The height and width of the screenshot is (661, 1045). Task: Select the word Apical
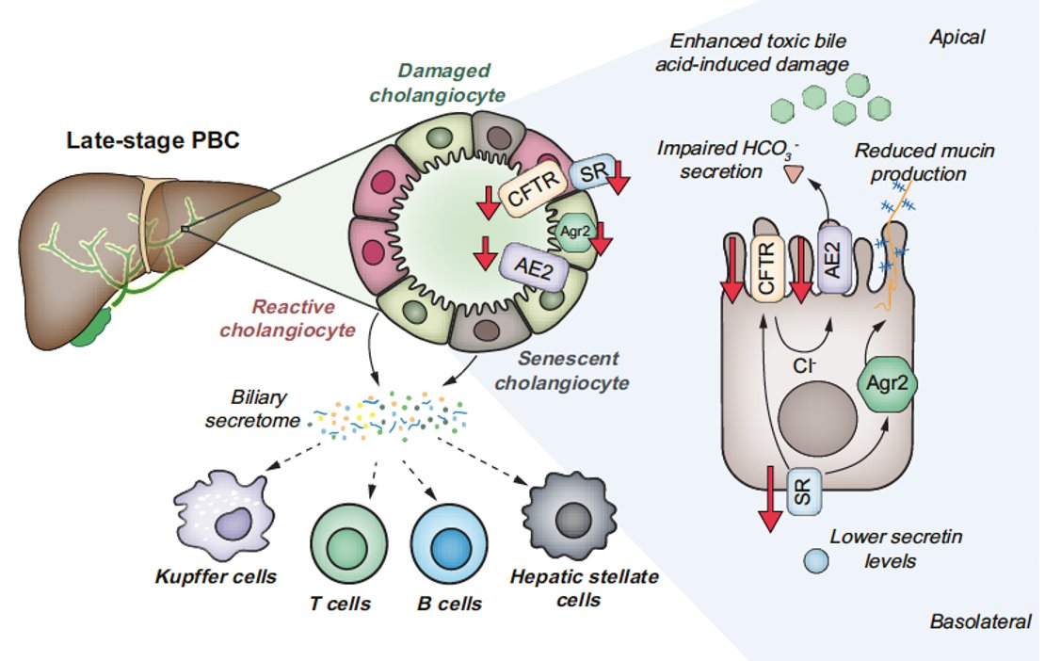pyautogui.click(x=957, y=38)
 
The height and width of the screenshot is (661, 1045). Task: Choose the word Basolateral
pyautogui.click(x=979, y=622)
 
